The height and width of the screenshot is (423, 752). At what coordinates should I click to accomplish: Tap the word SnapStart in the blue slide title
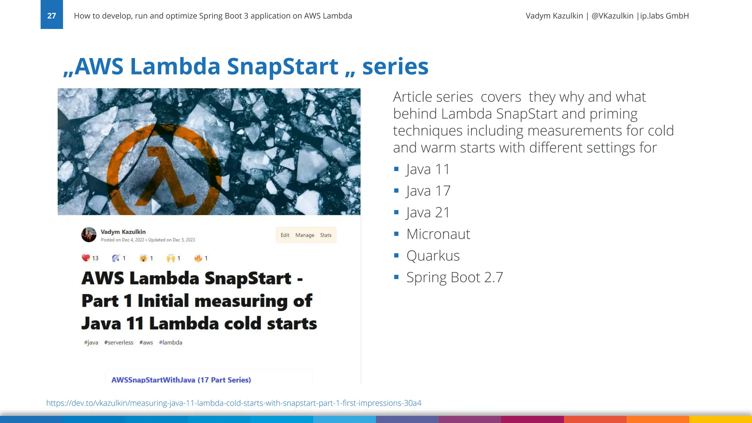[282, 66]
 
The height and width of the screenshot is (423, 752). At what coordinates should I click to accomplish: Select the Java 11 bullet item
[428, 169]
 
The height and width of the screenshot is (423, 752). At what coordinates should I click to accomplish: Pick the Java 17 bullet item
[428, 191]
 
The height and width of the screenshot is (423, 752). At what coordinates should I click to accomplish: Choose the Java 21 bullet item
[428, 213]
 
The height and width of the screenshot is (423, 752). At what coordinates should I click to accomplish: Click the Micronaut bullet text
[438, 234]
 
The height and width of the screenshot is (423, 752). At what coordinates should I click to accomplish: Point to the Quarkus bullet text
[433, 256]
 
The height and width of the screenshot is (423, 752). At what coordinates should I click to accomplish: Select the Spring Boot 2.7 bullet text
[455, 278]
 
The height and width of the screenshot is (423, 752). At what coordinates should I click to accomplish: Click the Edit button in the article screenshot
[285, 235]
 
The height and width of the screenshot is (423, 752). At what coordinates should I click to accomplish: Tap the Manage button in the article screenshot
[305, 235]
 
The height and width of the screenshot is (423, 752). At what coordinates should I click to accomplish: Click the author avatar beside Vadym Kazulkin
[89, 235]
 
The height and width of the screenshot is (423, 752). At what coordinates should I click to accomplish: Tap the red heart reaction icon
[86, 258]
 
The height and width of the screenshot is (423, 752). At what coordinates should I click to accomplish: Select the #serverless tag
[119, 343]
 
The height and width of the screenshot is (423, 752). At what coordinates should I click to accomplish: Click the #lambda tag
[170, 343]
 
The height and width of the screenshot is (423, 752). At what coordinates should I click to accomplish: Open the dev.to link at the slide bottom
[234, 403]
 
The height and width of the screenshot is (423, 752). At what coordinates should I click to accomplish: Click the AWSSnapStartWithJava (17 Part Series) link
[181, 380]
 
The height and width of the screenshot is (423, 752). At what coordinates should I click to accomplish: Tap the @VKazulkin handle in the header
[612, 16]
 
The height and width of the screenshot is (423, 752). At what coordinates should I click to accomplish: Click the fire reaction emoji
[198, 258]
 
